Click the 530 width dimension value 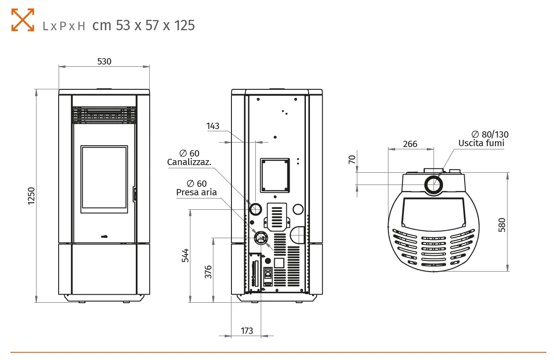pyautogui.click(x=104, y=61)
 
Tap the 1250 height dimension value pyautogui.click(x=31, y=196)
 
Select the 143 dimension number pyautogui.click(x=213, y=126)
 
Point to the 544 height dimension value pyautogui.click(x=185, y=255)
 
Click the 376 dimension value pyautogui.click(x=208, y=272)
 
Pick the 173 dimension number pyautogui.click(x=247, y=331)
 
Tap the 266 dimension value pyautogui.click(x=410, y=144)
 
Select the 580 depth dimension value pyautogui.click(x=502, y=224)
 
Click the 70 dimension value pyautogui.click(x=352, y=159)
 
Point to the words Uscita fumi pyautogui.click(x=481, y=143)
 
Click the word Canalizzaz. pyautogui.click(x=189, y=162)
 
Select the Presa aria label pyautogui.click(x=196, y=192)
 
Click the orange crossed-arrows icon pyautogui.click(x=23, y=19)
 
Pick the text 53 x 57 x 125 pyautogui.click(x=155, y=25)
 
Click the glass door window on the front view pyautogui.click(x=104, y=179)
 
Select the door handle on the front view pyautogui.click(x=134, y=194)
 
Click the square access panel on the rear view pyautogui.click(x=275, y=175)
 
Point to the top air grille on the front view pyautogui.click(x=104, y=115)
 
